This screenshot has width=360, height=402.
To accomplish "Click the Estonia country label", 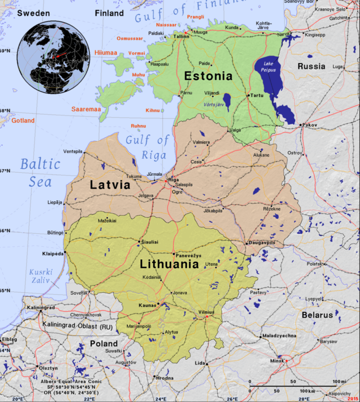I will tap(208, 76).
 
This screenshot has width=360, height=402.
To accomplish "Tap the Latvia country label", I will tap(110, 185).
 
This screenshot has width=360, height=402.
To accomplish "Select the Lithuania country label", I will tap(169, 264).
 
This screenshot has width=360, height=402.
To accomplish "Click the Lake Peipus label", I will tap(269, 67).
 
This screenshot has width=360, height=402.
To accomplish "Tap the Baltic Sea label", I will tap(40, 172).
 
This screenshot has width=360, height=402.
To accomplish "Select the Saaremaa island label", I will tap(85, 109).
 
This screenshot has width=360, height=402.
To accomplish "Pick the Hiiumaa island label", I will tap(105, 53).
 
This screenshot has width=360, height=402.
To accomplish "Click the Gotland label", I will tap(23, 121).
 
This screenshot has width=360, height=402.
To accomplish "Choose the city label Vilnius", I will tap(206, 312).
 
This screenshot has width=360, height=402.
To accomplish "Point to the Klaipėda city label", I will tap(53, 253).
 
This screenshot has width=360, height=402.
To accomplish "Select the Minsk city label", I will tap(276, 359).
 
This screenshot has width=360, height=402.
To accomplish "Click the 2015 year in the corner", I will tap(353, 397).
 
